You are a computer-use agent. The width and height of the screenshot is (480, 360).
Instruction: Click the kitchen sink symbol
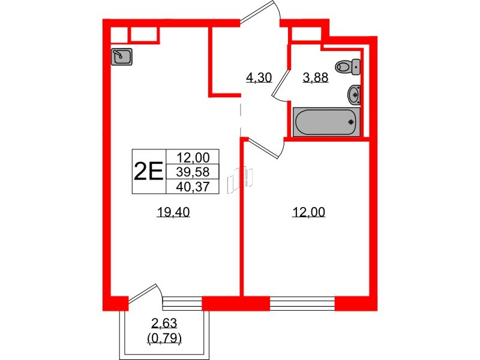122,57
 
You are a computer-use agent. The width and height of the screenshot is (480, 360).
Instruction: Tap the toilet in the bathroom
347,67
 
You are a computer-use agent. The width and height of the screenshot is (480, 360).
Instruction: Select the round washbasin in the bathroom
354,94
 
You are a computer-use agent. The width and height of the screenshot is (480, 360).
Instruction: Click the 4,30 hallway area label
259,77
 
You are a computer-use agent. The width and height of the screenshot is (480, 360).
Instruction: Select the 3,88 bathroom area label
315,77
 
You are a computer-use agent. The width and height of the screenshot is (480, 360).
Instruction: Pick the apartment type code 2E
148,172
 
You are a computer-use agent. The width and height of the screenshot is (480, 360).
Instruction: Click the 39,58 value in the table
193,172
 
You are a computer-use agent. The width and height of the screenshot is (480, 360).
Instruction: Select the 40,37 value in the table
193,187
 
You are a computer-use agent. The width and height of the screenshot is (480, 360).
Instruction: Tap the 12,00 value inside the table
193,158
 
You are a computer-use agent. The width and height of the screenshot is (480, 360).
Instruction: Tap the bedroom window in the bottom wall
302,304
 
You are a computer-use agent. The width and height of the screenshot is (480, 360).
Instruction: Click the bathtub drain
352,122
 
